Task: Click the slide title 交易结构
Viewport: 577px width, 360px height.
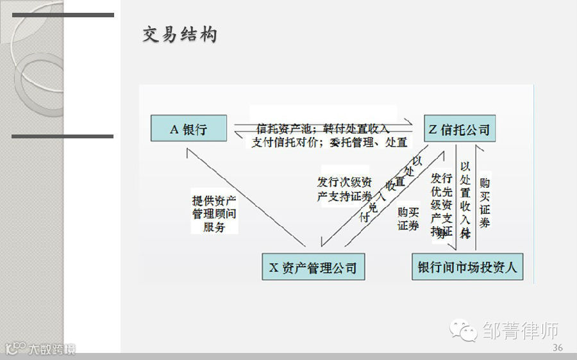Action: point(180,35)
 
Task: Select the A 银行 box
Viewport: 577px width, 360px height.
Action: point(188,129)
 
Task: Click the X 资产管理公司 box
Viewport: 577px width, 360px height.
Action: point(313,266)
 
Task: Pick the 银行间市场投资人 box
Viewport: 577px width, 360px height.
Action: point(467,266)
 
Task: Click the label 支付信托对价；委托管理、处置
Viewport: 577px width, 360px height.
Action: point(329,142)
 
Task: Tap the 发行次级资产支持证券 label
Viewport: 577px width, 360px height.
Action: point(344,189)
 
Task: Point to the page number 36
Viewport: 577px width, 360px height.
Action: point(557,348)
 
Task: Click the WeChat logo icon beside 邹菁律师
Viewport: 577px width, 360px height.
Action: point(464,330)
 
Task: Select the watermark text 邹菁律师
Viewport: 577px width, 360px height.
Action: point(520,331)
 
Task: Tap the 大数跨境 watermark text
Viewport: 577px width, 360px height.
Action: point(51,349)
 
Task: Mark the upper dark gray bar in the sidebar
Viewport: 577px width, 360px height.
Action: point(63,15)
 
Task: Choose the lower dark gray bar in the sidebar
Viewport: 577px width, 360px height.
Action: point(62,136)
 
